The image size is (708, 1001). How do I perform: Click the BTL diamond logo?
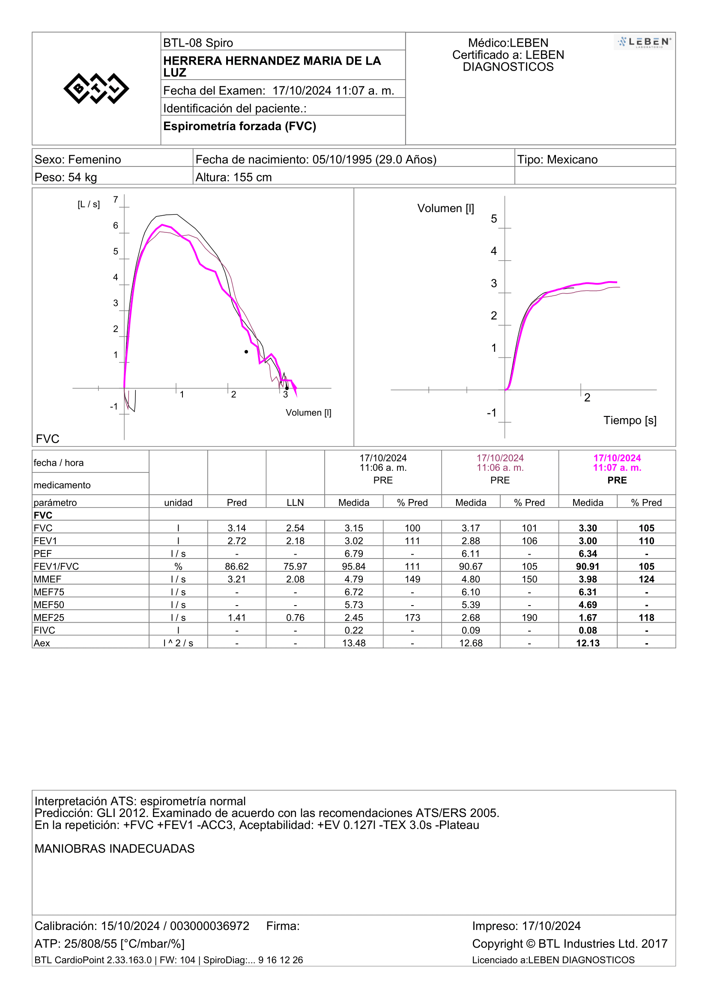coord(96,89)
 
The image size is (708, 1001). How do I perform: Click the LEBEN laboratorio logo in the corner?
coord(644,42)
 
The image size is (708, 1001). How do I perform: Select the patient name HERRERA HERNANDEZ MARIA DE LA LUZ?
coord(272,66)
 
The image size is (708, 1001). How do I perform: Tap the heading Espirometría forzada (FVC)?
coord(239,126)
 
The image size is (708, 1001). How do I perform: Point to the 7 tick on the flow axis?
coord(116,200)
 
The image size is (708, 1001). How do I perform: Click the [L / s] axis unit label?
coord(89,204)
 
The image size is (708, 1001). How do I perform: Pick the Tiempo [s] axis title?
coord(630,420)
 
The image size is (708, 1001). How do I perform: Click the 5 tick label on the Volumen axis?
coord(494,219)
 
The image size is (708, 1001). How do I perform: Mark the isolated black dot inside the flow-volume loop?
coord(246,352)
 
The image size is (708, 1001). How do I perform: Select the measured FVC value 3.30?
coord(588,528)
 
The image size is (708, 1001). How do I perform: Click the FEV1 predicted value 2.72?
coord(236,541)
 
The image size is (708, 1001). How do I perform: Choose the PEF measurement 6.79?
coord(354,554)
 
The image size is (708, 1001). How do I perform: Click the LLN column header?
coord(296,503)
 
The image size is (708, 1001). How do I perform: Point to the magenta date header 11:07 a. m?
coord(617,468)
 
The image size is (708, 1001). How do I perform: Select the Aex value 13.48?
coord(354,643)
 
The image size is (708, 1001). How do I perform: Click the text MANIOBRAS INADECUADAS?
coord(115,848)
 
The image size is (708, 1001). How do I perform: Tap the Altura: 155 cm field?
coord(233,178)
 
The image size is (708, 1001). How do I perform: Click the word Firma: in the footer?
coord(283,926)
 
